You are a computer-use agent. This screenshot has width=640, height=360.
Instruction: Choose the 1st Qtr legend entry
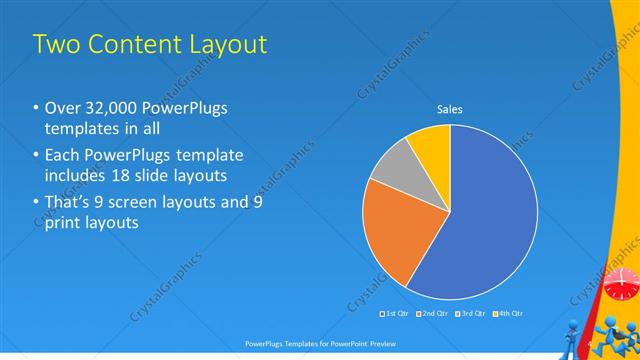397,314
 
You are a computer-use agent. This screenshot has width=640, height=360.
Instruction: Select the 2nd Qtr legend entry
433,314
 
